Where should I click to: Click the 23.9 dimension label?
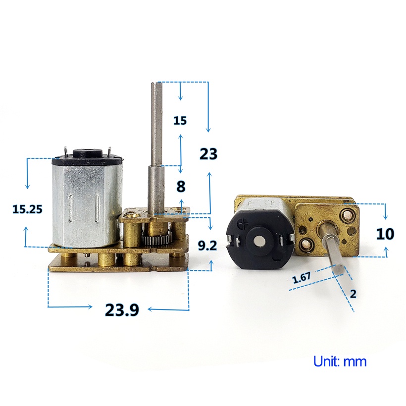tap(122, 309)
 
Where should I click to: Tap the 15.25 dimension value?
tap(27, 209)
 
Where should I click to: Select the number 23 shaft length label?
tap(208, 154)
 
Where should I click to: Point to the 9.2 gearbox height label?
tap(207, 246)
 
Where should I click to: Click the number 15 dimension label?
tap(180, 121)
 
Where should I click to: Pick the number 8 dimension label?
tap(181, 187)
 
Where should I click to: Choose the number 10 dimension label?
tap(385, 234)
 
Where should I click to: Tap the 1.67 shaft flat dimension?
tap(302, 277)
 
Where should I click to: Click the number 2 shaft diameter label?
tap(353, 294)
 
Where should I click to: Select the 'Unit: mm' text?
tap(340, 361)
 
